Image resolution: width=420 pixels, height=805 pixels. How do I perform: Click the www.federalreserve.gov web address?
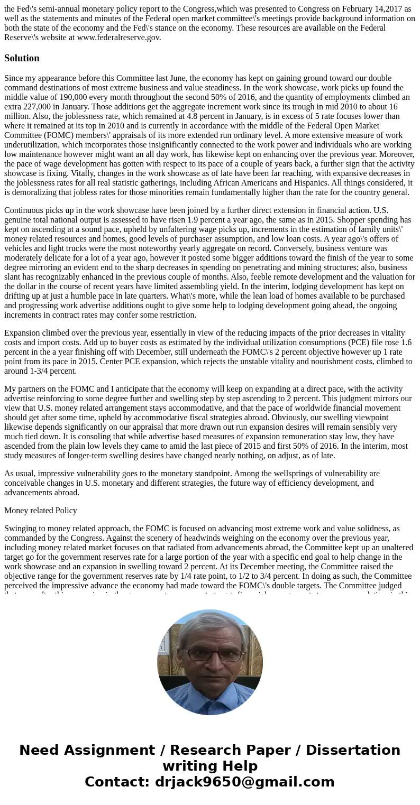coord(118,38)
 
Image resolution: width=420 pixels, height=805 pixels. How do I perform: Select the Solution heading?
coord(22,58)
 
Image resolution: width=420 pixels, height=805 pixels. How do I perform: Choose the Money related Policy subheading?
coord(41,511)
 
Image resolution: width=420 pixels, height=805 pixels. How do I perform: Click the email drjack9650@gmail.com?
coord(244,782)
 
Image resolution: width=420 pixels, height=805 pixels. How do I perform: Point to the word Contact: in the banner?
coord(117,782)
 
